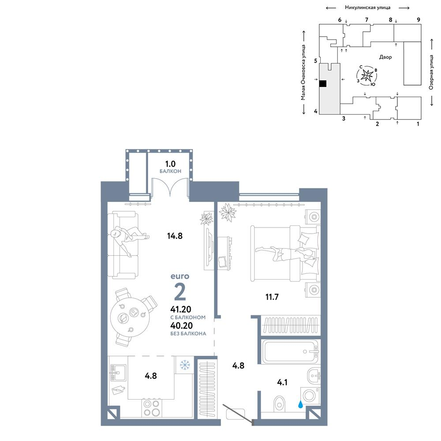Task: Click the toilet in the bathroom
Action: click(279, 404)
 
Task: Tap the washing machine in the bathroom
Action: click(310, 396)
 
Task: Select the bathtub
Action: click(290, 351)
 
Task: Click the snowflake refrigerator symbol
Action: click(185, 365)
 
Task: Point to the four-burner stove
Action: click(152, 408)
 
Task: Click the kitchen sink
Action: click(118, 373)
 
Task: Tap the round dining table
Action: click(130, 317)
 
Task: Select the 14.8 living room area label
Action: click(175, 236)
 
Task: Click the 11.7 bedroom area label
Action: click(272, 297)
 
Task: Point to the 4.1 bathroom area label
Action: click(282, 382)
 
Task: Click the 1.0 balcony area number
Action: click(170, 164)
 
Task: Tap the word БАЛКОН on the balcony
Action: click(170, 171)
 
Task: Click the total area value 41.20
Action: click(180, 310)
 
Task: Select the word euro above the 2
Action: click(180, 276)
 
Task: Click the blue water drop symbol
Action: click(301, 404)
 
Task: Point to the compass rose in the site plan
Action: click(367, 75)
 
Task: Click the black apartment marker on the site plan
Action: click(323, 83)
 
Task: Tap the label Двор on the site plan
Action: click(385, 57)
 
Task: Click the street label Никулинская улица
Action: click(368, 7)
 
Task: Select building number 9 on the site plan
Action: click(419, 20)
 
